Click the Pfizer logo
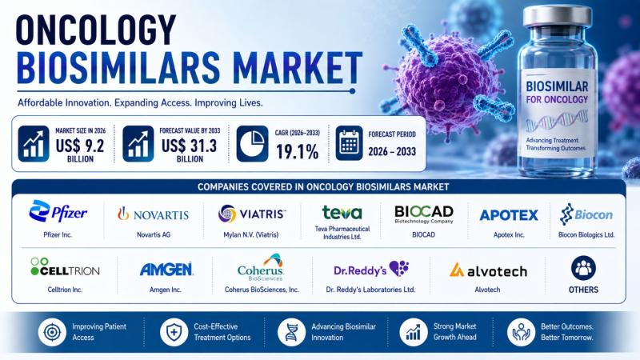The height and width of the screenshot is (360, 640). [x=58, y=211]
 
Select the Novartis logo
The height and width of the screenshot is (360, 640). [x=154, y=214]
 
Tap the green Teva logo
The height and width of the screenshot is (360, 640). [x=342, y=212]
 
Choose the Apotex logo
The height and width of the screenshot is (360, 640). [x=509, y=215]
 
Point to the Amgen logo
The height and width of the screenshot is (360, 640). [x=166, y=270]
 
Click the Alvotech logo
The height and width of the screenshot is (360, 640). [x=488, y=270]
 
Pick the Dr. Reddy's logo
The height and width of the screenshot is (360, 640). [x=371, y=270]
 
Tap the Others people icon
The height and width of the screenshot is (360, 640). [x=583, y=268]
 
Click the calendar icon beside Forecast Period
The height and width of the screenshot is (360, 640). [x=349, y=143]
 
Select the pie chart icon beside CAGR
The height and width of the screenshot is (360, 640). [x=252, y=143]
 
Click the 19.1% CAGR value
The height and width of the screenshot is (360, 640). [x=297, y=152]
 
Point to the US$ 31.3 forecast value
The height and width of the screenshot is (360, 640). [x=190, y=146]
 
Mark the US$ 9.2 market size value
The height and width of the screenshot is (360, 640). [x=80, y=146]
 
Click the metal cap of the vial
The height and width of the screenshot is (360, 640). [x=557, y=17]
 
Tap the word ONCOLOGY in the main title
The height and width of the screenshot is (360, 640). [x=96, y=30]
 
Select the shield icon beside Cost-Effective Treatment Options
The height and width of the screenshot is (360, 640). [x=174, y=332]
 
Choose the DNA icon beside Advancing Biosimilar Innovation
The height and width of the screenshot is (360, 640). [x=291, y=332]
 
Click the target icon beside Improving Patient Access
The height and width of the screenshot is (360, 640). [x=52, y=332]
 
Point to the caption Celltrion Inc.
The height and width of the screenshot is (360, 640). [x=65, y=290]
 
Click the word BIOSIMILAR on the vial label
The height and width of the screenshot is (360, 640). [x=557, y=86]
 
